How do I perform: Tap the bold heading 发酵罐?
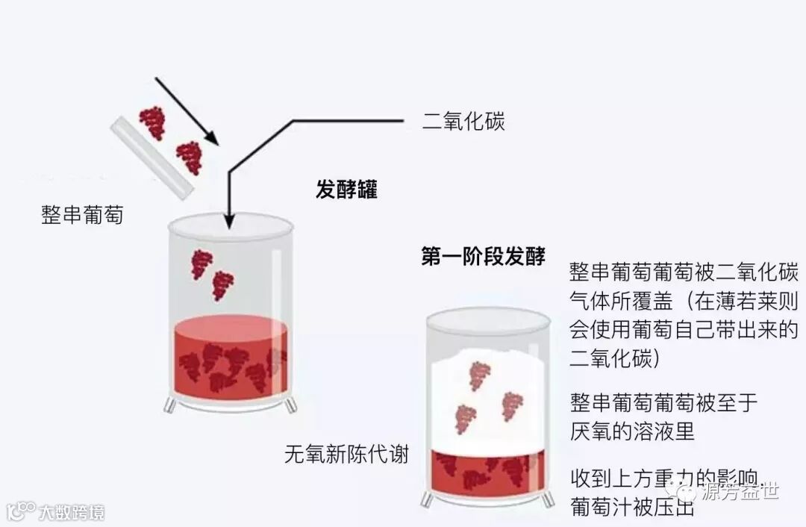346,190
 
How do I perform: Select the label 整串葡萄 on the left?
82,215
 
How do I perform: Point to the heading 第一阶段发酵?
483,256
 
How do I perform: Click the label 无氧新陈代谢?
347,453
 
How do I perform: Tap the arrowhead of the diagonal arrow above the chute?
211,139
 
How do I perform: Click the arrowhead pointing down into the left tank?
230,220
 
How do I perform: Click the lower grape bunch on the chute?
188,158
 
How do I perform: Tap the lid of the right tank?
488,319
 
